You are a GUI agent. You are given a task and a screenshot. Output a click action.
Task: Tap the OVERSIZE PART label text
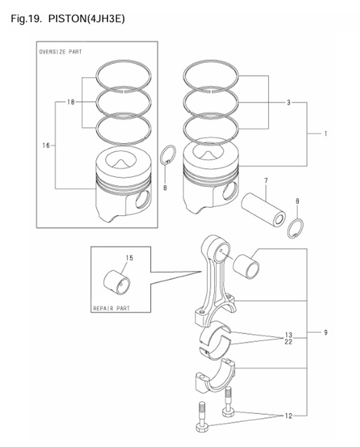(60, 52)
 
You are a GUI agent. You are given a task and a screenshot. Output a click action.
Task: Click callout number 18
(71, 102)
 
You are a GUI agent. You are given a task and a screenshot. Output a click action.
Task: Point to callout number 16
(46, 145)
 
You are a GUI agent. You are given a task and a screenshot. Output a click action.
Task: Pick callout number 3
(288, 102)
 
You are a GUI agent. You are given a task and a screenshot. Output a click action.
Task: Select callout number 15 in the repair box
(129, 259)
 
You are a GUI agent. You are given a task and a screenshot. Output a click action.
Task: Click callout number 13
(288, 334)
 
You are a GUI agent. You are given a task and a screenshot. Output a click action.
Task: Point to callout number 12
(288, 417)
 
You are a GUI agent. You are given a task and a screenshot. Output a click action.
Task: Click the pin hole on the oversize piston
(142, 199)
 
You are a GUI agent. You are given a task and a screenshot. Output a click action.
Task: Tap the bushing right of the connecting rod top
(251, 267)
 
